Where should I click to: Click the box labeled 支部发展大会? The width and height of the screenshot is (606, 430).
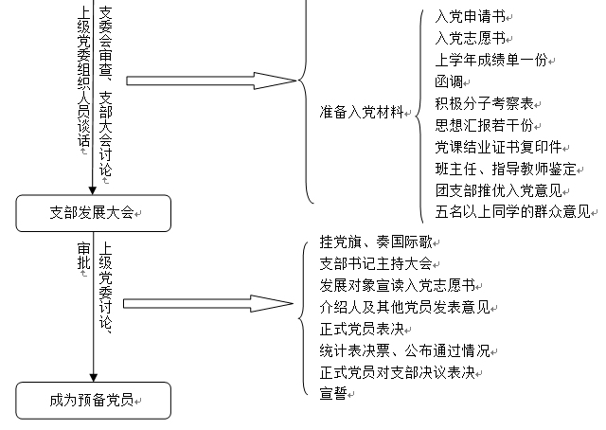[93, 213]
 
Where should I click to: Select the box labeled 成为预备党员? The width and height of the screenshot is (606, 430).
[93, 401]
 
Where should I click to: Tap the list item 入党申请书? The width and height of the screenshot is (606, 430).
[471, 17]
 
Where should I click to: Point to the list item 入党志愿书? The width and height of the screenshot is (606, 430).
[471, 39]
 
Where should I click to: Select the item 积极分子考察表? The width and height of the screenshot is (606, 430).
[483, 103]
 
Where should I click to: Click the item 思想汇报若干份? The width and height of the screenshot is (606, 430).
[483, 125]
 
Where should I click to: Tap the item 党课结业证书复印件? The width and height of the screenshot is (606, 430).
[500, 147]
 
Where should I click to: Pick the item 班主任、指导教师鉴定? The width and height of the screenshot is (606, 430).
[504, 169]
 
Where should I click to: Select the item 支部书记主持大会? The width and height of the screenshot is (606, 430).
[375, 264]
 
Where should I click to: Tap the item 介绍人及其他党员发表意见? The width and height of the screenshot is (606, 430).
[404, 307]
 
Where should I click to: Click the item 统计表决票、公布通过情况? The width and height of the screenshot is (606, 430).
[404, 350]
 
